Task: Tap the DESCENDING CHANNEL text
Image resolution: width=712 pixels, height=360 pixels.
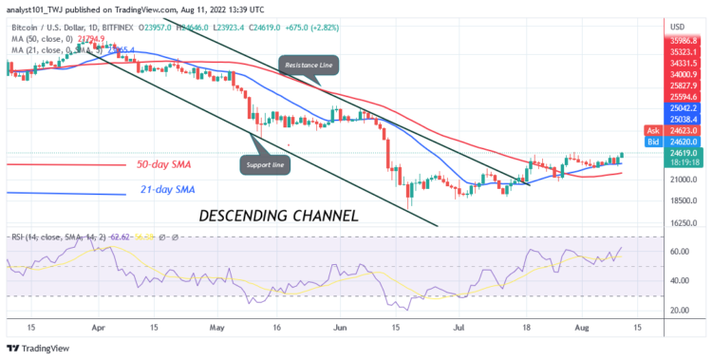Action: tap(279, 216)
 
